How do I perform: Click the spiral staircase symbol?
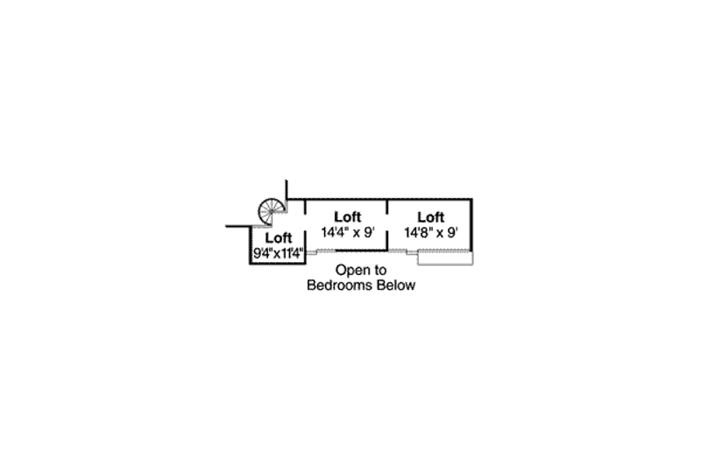coord(271,211)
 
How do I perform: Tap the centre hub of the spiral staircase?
coord(272,211)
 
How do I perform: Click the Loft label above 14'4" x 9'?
coord(347,217)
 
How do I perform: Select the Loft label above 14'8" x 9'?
coord(430,217)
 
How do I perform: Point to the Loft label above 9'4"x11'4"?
coord(278,237)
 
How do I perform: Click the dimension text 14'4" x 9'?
coord(347,232)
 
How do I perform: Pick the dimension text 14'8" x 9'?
coord(431,232)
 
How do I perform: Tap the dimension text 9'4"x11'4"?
coord(278,253)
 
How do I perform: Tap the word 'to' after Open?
coord(379,270)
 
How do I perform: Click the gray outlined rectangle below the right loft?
coord(445,258)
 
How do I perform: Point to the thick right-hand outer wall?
coord(471,225)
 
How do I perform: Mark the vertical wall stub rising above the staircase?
coord(287,189)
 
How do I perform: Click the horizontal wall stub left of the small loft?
coord(237,226)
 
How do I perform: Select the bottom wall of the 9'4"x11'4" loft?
coord(278,263)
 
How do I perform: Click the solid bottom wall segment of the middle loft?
coord(361,251)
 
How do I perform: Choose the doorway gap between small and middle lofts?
coord(305,223)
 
